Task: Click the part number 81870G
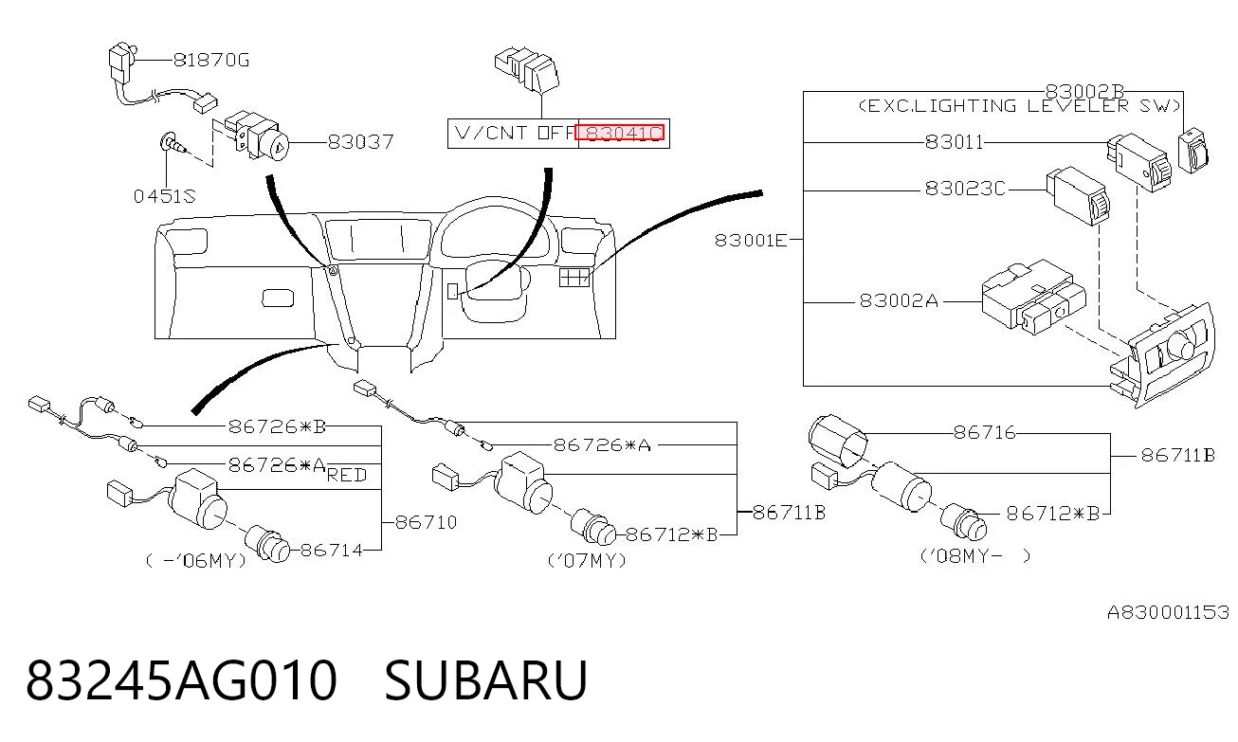(x=211, y=60)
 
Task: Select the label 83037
(x=360, y=142)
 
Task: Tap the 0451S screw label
(x=165, y=196)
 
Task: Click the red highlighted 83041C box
(x=620, y=134)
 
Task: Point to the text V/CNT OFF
(x=515, y=134)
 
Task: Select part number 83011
(x=955, y=142)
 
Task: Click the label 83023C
(x=965, y=189)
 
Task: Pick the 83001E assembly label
(x=751, y=241)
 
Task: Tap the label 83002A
(x=899, y=300)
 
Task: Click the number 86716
(x=985, y=432)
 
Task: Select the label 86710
(x=427, y=522)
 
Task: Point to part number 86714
(x=332, y=550)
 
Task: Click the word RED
(x=347, y=475)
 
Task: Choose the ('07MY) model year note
(x=587, y=561)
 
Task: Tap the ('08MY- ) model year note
(x=975, y=556)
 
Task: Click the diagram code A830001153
(x=1169, y=612)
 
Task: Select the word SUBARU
(x=485, y=680)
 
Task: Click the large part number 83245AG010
(x=181, y=680)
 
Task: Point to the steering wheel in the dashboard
(x=495, y=260)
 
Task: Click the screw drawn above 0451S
(x=172, y=143)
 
